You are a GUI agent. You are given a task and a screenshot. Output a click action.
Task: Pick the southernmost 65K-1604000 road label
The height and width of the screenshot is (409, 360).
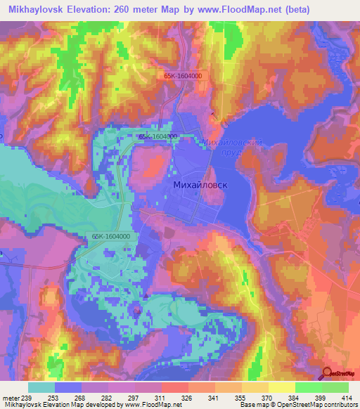click(110, 238)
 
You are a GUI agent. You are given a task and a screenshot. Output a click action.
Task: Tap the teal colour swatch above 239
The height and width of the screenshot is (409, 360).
click(41, 387)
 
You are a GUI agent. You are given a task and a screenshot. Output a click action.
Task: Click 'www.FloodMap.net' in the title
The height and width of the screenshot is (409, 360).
click(232, 10)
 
